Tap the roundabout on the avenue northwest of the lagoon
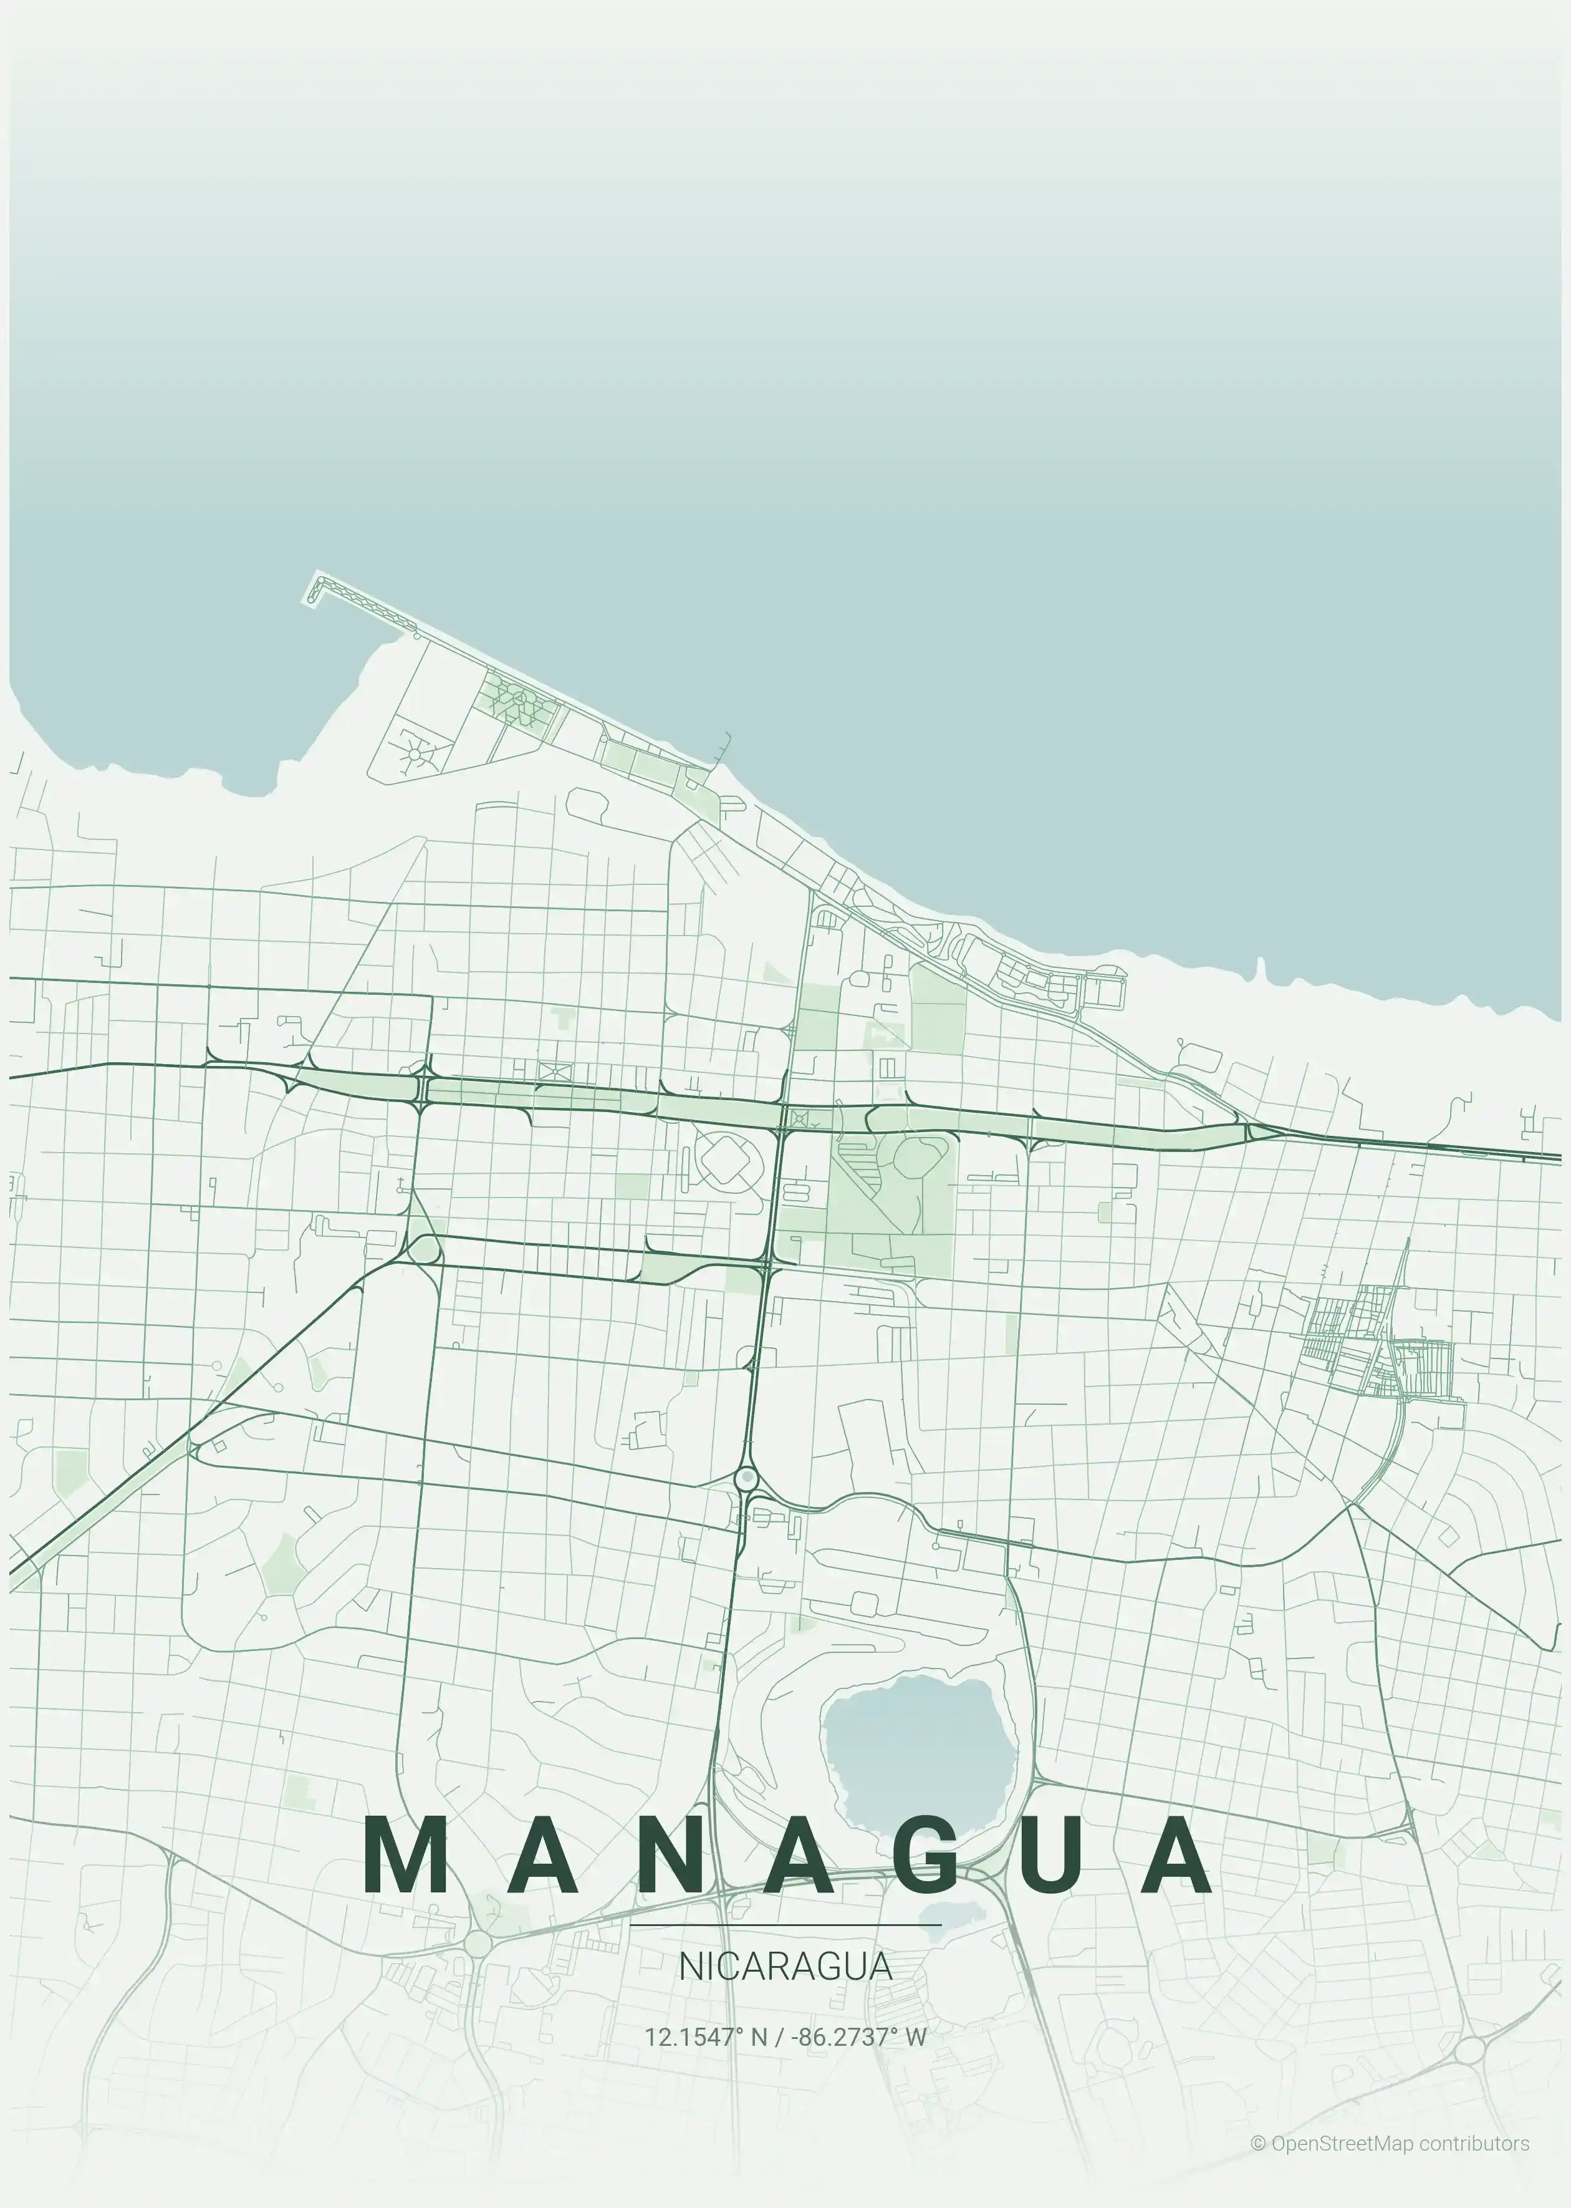(746, 1478)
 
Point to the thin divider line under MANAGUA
(784, 1925)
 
